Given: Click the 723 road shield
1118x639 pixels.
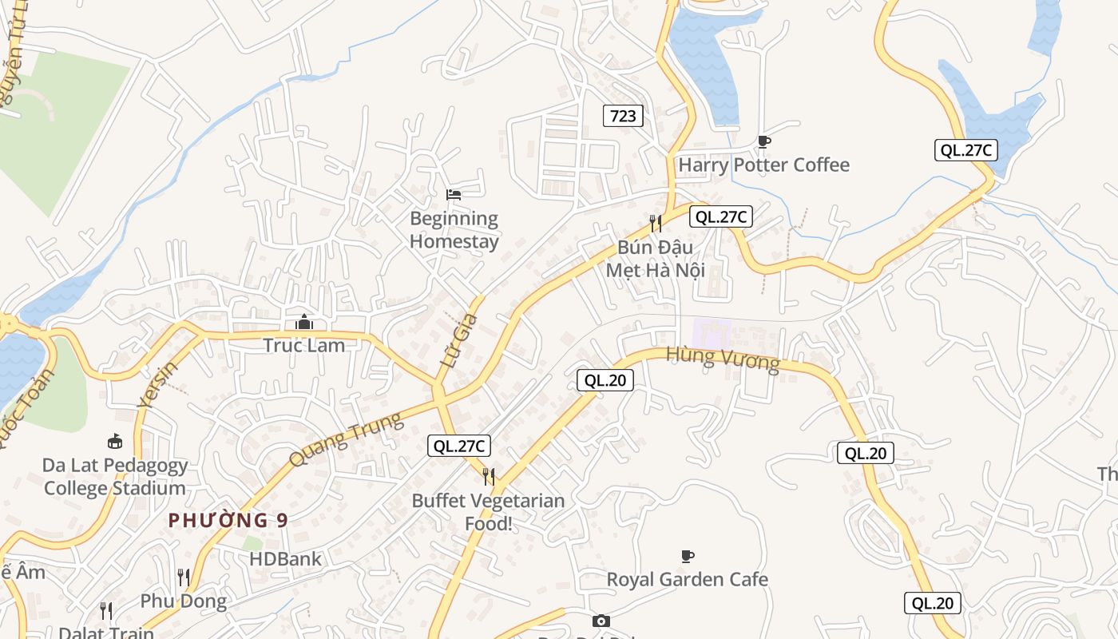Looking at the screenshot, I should [x=623, y=116].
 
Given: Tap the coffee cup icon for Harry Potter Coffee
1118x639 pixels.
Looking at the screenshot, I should [x=763, y=142].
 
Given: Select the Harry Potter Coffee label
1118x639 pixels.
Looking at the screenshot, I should [x=763, y=165].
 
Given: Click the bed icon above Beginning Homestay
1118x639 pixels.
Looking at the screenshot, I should [x=454, y=194].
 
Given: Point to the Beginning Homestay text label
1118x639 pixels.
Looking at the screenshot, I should [x=454, y=230].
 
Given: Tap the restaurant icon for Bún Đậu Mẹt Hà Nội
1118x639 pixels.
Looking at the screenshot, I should [x=655, y=223].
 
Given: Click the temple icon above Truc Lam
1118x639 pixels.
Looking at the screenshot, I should [x=303, y=322].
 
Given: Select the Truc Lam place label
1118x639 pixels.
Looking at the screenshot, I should [x=304, y=346].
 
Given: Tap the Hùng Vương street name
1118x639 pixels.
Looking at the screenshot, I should [x=722, y=359].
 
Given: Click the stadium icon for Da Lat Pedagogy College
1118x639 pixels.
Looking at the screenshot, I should [x=115, y=441].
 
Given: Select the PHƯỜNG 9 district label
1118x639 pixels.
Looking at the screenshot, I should [x=228, y=521].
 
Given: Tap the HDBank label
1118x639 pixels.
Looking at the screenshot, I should [x=285, y=559].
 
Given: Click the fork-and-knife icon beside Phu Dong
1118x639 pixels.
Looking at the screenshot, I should [x=184, y=577].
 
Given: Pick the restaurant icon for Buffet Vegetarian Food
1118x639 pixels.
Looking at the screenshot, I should [x=489, y=477].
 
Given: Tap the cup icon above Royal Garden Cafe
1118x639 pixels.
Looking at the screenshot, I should [x=687, y=556].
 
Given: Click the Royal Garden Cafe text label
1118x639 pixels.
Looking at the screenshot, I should [x=687, y=579].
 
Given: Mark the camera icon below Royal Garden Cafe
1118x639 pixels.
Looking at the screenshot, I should [x=601, y=621].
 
